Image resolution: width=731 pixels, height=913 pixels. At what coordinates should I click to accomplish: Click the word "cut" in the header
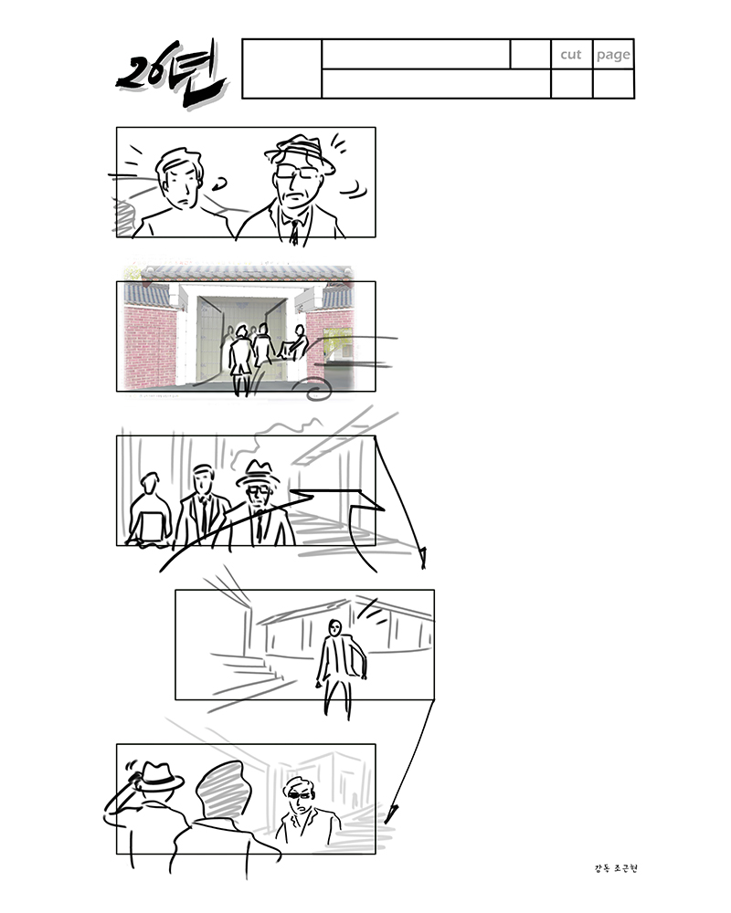tap(571, 55)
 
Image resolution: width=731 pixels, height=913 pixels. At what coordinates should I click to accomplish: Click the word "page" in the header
tap(613, 56)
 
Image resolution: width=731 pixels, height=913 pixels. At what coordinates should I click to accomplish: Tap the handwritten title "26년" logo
tap(170, 74)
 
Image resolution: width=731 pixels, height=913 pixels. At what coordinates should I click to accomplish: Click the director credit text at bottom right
tap(616, 868)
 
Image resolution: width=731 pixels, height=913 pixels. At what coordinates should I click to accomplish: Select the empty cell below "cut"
tap(572, 84)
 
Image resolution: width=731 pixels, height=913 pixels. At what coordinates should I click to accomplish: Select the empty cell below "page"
tap(613, 84)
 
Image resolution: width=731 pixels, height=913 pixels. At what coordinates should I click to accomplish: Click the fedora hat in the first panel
tap(300, 152)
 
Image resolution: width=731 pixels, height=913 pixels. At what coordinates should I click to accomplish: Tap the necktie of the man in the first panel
tap(295, 232)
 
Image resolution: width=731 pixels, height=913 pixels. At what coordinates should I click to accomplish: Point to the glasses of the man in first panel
tap(296, 172)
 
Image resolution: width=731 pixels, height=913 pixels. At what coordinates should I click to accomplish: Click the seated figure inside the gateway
tap(292, 343)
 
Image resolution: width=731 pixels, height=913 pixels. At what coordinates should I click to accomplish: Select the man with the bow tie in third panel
tap(201, 504)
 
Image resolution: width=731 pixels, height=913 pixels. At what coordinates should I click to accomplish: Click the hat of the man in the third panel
tap(258, 473)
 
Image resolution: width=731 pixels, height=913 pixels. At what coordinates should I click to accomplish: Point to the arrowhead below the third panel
tap(423, 557)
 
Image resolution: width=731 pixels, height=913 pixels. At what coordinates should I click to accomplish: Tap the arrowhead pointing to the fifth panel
tap(390, 813)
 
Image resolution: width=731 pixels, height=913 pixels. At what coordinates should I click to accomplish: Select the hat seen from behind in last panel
tap(157, 776)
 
